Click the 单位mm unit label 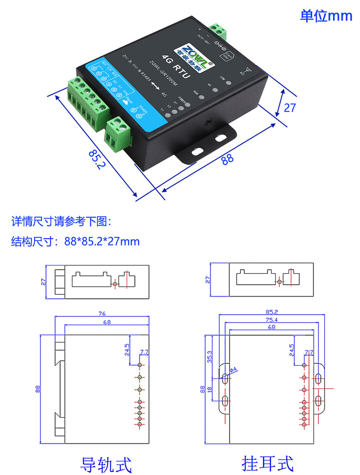coord(326,16)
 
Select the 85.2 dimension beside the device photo coord(97,160)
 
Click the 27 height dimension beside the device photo coord(290,107)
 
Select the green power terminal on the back coord(218,30)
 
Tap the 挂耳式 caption coord(267,463)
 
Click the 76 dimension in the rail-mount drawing coord(102,313)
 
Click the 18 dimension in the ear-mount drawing coord(210,389)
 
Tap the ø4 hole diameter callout coord(233,370)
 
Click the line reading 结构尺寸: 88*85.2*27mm coord(75,241)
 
